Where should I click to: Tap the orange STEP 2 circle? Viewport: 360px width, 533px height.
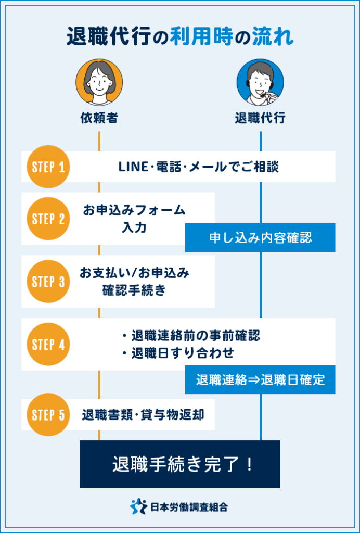pyautogui.click(x=48, y=219)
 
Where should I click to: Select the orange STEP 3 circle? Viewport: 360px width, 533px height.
pyautogui.click(x=48, y=282)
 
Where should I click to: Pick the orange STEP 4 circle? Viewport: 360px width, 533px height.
pyautogui.click(x=48, y=344)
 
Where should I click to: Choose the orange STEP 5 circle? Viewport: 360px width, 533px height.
pyautogui.click(x=48, y=415)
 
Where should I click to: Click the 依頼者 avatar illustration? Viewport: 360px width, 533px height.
pyautogui.click(x=99, y=82)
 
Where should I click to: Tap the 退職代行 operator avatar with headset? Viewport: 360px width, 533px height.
pyautogui.click(x=260, y=82)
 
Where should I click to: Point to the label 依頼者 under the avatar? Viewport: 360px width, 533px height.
pyautogui.click(x=99, y=118)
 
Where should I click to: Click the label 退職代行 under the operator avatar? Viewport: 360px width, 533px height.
pyautogui.click(x=260, y=118)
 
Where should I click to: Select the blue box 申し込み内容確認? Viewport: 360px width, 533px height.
pyautogui.click(x=260, y=238)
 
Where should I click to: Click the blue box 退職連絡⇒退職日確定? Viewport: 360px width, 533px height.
pyautogui.click(x=260, y=379)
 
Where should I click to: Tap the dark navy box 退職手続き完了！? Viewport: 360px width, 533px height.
pyautogui.click(x=180, y=464)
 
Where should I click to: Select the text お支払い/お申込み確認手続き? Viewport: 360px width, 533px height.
pyautogui.click(x=134, y=282)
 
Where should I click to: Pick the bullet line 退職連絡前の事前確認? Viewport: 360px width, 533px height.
pyautogui.click(x=190, y=335)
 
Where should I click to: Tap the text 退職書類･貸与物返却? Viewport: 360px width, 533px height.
pyautogui.click(x=143, y=415)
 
